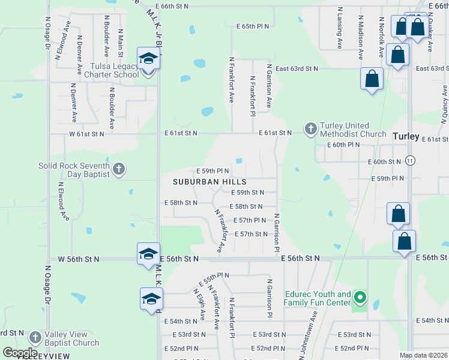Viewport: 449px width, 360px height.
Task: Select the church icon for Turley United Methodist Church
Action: [310, 128]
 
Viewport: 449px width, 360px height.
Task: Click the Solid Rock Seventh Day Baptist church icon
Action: [118, 169]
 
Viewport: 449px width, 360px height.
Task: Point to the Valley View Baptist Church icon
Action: [35, 338]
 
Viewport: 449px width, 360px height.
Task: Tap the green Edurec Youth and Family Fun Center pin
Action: [360, 297]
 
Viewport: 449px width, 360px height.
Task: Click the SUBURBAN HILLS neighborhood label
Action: [209, 181]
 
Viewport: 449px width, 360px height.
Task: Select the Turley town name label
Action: [406, 136]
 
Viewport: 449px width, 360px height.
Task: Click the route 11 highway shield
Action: [410, 161]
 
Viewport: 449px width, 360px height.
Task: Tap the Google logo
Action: [20, 352]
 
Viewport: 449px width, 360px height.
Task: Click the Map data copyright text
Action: [423, 355]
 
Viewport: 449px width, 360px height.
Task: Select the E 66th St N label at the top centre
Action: [171, 5]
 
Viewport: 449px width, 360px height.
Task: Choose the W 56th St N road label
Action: [78, 259]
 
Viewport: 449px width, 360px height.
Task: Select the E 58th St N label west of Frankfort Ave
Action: [181, 203]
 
